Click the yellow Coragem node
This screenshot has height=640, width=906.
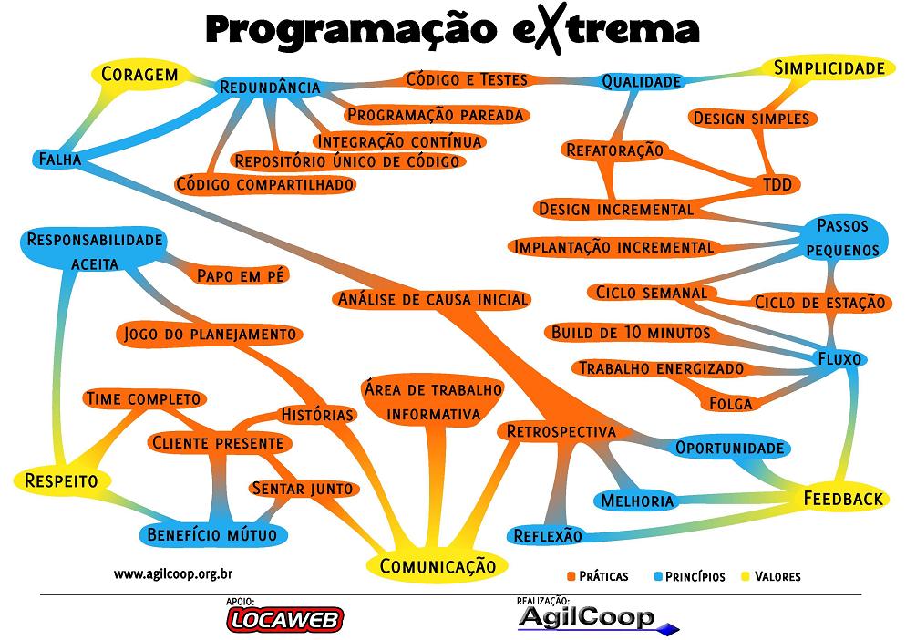139,75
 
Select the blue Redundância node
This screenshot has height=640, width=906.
269,88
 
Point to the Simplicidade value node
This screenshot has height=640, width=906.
829,68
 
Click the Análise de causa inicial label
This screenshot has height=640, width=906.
432,299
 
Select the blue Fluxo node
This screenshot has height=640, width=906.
839,359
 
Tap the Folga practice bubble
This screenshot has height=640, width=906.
730,403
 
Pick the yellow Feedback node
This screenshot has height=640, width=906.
843,499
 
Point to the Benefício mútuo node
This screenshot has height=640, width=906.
211,534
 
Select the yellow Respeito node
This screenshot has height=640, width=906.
62,480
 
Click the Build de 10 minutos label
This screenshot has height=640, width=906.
630,333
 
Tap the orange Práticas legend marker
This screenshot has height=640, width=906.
572,576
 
